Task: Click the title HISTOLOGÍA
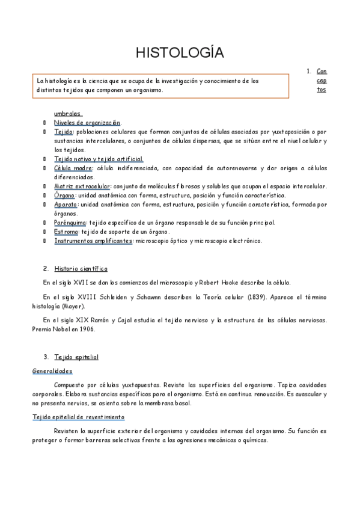(180, 53)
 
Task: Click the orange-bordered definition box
(161, 85)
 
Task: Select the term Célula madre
(73, 168)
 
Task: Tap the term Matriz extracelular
(82, 186)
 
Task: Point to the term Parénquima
(70, 223)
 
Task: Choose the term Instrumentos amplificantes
(93, 241)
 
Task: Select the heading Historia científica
(81, 268)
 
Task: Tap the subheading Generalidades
(52, 371)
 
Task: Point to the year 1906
(85, 329)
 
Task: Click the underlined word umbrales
(67, 114)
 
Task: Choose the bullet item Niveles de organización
(87, 123)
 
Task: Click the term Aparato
(66, 204)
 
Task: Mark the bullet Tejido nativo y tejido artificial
(99, 159)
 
